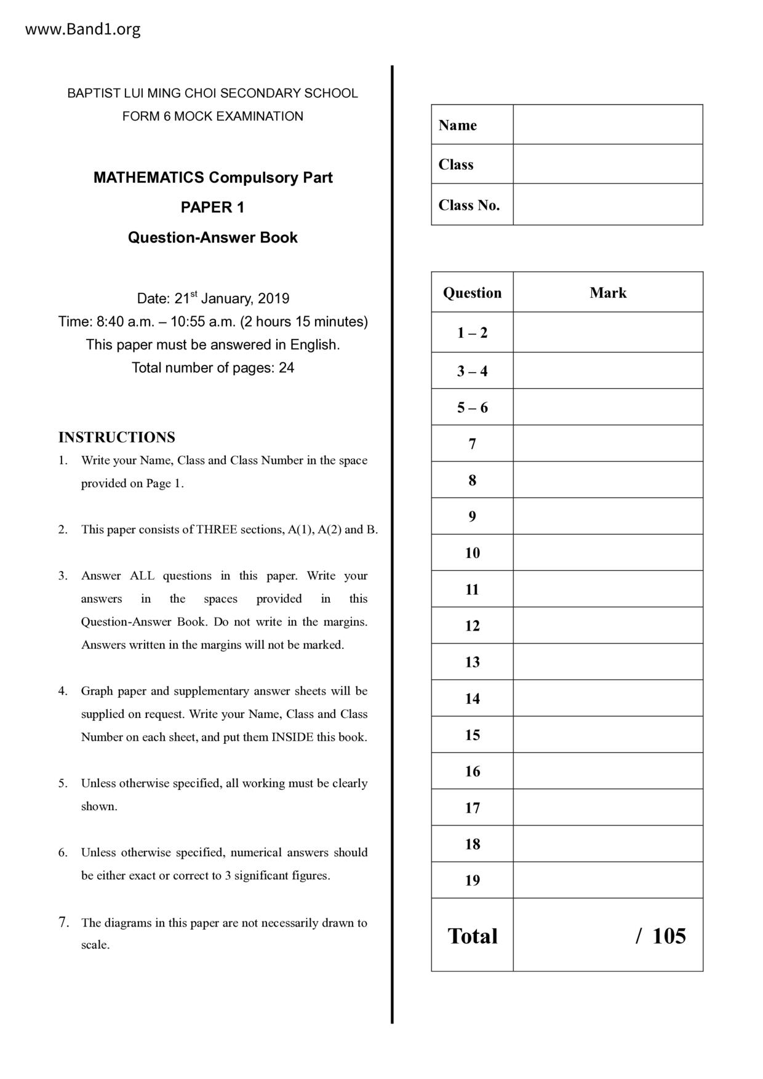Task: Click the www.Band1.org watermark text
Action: click(x=82, y=30)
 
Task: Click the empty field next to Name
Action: click(x=607, y=125)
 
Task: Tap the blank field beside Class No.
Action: click(x=607, y=204)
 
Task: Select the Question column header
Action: click(x=472, y=293)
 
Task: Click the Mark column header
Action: click(x=607, y=293)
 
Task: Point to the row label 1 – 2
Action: click(x=472, y=333)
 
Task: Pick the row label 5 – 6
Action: click(x=472, y=407)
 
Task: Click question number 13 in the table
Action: click(x=472, y=662)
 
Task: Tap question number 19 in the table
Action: click(x=472, y=880)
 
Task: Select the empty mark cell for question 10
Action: click(x=607, y=552)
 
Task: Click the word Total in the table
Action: click(x=472, y=936)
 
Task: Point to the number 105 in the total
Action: click(x=669, y=936)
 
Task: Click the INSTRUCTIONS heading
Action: click(x=116, y=437)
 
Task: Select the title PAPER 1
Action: click(x=212, y=208)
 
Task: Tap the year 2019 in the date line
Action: click(x=273, y=299)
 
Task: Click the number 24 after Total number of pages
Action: click(x=286, y=368)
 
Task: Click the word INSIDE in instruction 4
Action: click(x=292, y=737)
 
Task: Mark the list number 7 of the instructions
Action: click(x=63, y=922)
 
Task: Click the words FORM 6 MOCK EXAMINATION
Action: click(x=212, y=116)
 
